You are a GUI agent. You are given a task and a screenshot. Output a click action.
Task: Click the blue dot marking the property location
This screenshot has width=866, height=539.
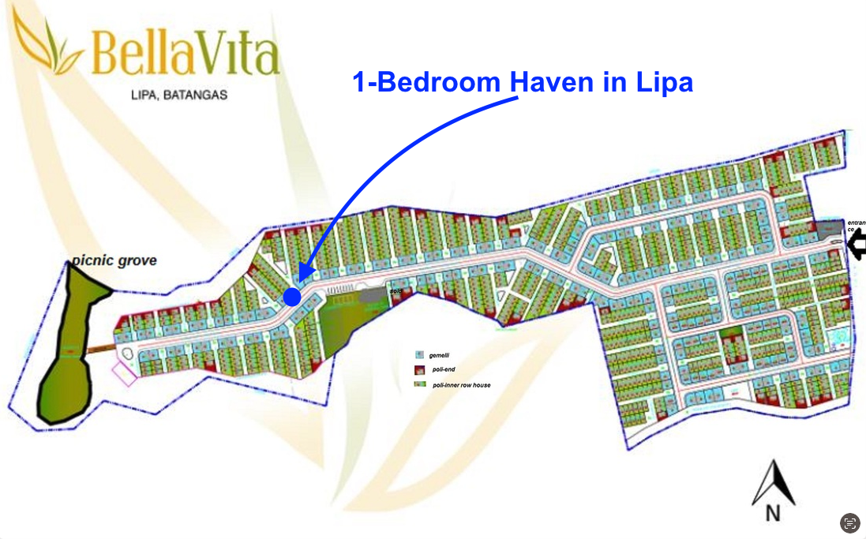[x=292, y=297]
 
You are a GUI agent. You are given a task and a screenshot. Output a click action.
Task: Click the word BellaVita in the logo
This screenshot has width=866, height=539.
[x=185, y=54]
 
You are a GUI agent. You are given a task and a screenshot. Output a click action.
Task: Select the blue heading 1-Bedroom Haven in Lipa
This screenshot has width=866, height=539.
[x=523, y=82]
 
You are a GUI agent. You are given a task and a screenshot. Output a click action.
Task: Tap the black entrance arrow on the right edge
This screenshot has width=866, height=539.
[x=856, y=246]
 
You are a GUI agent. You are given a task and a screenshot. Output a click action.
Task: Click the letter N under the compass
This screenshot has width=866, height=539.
[x=774, y=514]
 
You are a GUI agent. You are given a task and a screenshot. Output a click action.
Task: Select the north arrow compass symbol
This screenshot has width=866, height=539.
[x=772, y=483]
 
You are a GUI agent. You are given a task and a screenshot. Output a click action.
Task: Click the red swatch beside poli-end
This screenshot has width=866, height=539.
[x=419, y=370]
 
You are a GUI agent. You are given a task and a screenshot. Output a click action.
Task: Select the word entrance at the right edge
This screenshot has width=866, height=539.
[x=856, y=223]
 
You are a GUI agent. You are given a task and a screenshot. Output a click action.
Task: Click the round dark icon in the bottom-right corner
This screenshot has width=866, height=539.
[x=849, y=522]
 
